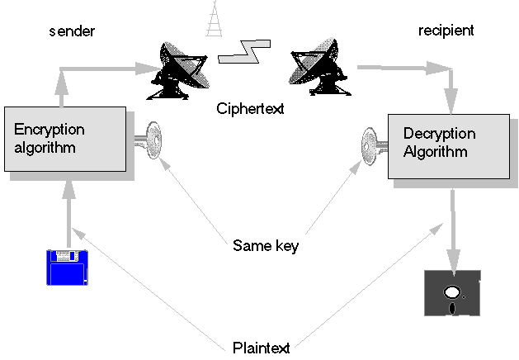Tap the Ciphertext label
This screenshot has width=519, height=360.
click(251, 108)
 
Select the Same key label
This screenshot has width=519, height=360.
click(265, 245)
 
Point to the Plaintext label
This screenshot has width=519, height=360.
click(260, 347)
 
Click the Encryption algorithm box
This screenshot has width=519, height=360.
click(64, 140)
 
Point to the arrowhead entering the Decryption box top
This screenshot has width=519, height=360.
click(451, 103)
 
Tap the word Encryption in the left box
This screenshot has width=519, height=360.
click(50, 130)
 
